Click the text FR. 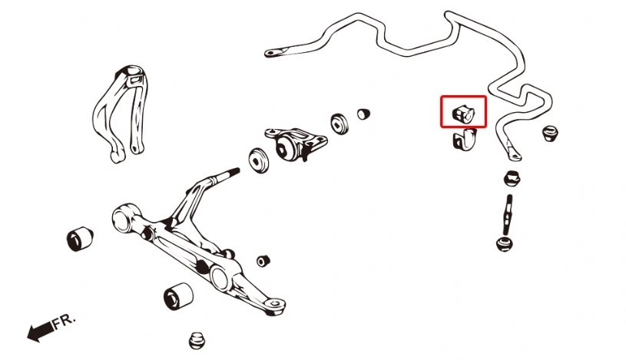(x=64, y=320)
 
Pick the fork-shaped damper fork (x=119, y=114)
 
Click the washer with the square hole (x=339, y=124)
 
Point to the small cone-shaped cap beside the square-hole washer (x=363, y=114)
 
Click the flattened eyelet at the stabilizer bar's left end (x=277, y=52)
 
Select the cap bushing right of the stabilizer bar (x=550, y=134)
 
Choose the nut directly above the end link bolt (x=512, y=178)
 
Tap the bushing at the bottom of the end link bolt (x=505, y=244)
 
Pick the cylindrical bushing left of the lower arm (x=80, y=239)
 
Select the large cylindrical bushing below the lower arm (x=178, y=296)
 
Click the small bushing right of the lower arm (x=263, y=261)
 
